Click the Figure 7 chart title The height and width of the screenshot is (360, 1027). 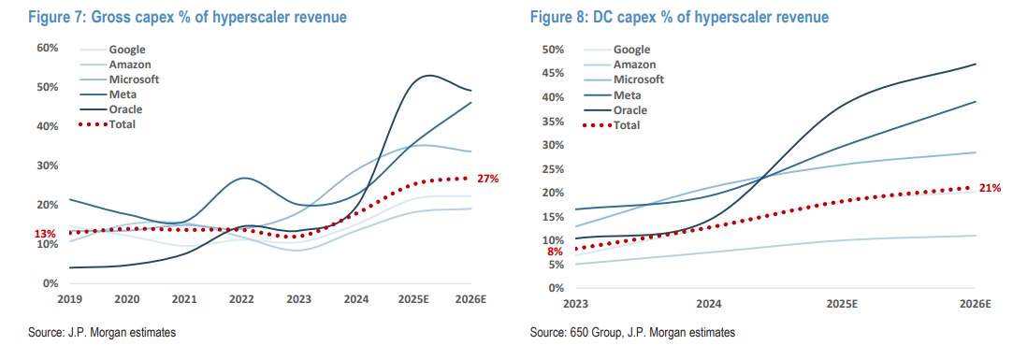[x=187, y=17]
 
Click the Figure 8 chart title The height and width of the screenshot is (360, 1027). [x=678, y=17]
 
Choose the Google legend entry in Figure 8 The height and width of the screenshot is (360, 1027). [x=615, y=49]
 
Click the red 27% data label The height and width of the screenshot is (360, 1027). [x=488, y=178]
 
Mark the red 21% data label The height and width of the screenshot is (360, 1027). [x=991, y=188]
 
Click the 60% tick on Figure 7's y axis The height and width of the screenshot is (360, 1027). [x=48, y=48]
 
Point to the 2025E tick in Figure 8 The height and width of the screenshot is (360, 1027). [x=843, y=304]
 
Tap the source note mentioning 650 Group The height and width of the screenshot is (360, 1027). [x=632, y=333]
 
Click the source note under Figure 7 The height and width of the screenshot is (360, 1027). [x=102, y=333]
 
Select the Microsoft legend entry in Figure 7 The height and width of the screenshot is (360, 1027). [x=120, y=79]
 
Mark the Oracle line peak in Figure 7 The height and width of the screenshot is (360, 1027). [x=428, y=75]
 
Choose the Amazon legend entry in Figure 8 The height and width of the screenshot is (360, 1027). [x=619, y=65]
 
